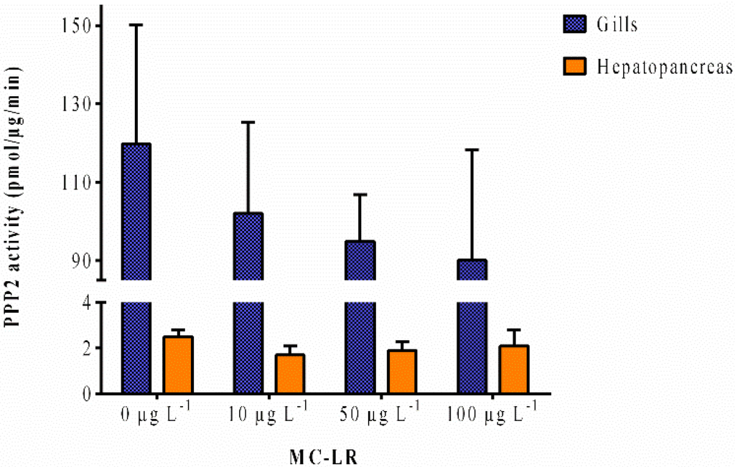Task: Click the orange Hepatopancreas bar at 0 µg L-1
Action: tap(178, 365)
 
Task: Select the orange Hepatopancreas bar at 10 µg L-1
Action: tap(290, 374)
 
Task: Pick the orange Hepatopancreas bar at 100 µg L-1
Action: tap(514, 369)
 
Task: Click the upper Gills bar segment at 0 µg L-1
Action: tap(136, 212)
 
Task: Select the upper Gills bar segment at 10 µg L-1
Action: tap(248, 246)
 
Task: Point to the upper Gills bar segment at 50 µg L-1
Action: tap(360, 260)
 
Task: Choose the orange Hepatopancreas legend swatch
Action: tap(574, 67)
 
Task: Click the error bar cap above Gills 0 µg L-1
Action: tap(136, 24)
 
